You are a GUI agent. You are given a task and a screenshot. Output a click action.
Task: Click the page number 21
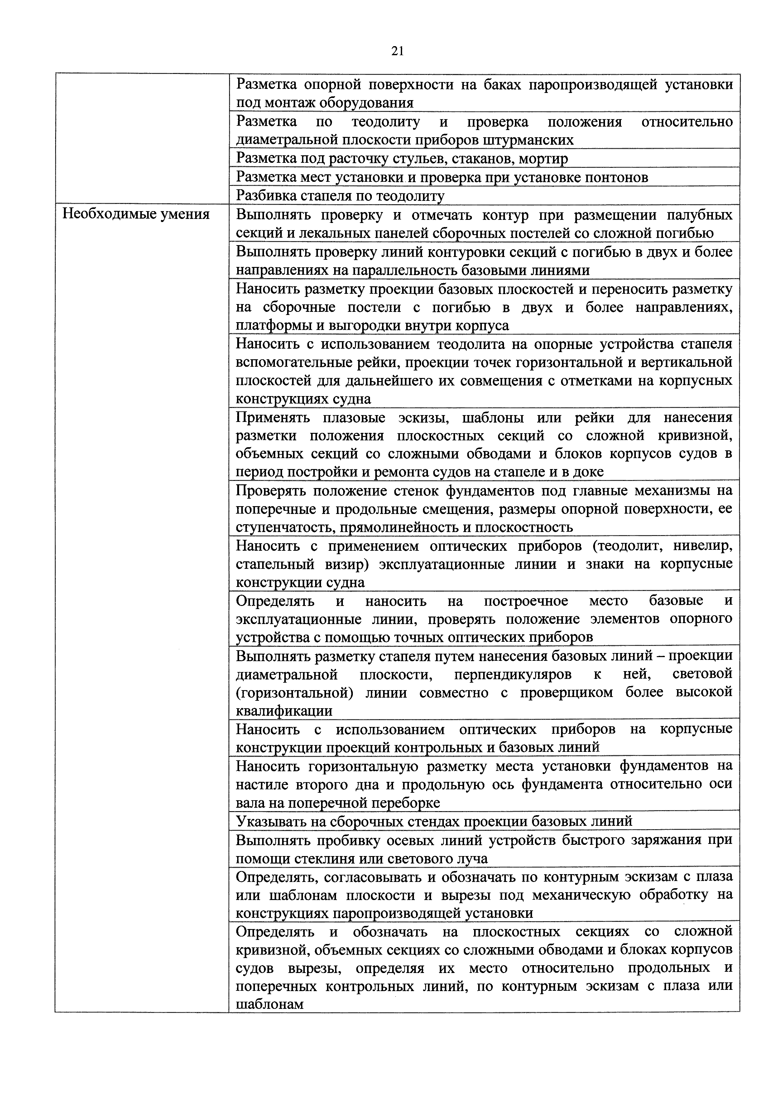point(397,51)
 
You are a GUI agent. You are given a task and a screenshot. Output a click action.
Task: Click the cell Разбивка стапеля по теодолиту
point(340,196)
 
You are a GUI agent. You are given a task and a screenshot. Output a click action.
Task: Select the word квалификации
point(284,711)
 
